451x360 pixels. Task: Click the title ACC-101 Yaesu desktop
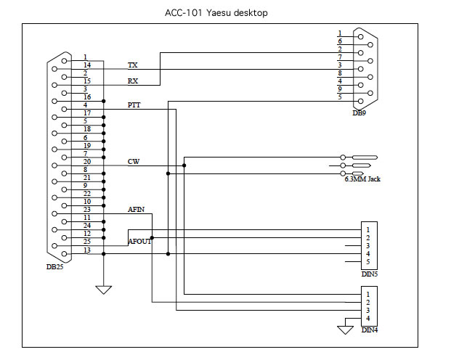(x=216, y=13)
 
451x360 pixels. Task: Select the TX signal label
(x=133, y=65)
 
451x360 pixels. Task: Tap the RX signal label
(x=133, y=81)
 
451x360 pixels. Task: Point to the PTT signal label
(x=134, y=105)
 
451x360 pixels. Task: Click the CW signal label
(x=134, y=162)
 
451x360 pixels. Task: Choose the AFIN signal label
(x=136, y=209)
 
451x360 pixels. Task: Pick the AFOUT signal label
(x=139, y=242)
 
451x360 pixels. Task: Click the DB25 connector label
(x=54, y=267)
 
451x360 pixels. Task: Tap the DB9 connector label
(x=359, y=113)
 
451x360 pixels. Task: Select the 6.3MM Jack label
(x=362, y=179)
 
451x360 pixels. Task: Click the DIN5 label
(x=370, y=274)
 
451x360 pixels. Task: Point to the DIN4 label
(x=370, y=330)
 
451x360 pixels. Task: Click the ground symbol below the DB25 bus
(x=104, y=290)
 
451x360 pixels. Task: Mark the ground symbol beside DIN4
(x=345, y=330)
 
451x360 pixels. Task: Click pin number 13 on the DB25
(x=87, y=250)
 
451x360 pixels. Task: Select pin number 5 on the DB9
(x=340, y=97)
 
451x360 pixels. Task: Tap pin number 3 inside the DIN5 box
(x=368, y=246)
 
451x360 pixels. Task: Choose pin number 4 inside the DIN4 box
(x=368, y=319)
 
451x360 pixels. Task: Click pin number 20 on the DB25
(x=87, y=162)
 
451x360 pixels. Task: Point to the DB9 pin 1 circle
(x=361, y=37)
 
